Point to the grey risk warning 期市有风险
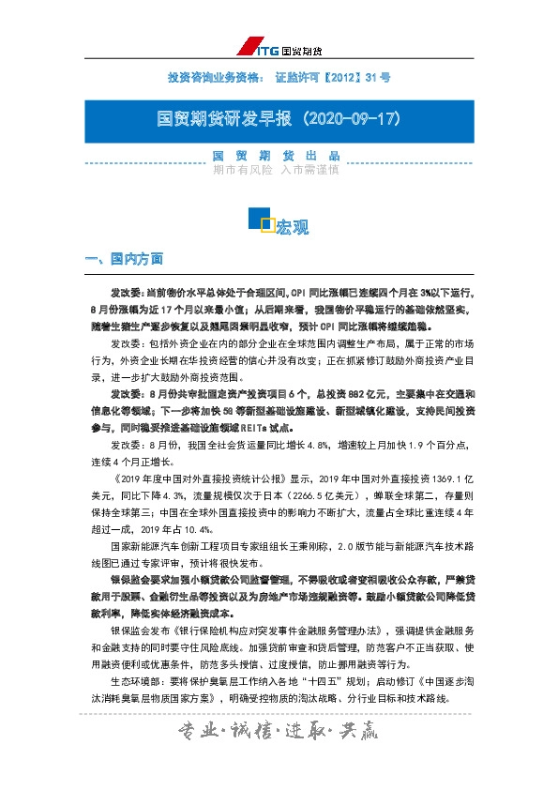[x=243, y=171]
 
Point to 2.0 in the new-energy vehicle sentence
[x=353, y=545]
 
